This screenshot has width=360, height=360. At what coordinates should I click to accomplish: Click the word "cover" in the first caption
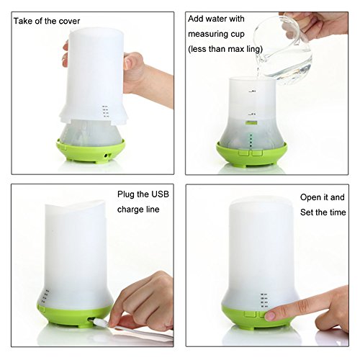point(69,21)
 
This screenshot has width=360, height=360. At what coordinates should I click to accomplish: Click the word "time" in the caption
point(338,212)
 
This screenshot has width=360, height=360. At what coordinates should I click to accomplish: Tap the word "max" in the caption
point(235,50)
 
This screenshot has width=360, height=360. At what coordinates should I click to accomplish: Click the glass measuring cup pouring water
point(283,49)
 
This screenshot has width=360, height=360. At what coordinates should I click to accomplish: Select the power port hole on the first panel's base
point(106,156)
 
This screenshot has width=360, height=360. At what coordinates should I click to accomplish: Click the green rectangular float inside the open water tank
point(251,122)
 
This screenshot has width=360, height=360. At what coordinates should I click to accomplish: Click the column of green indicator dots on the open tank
point(251,141)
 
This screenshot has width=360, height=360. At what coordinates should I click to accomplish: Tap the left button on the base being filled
point(244,153)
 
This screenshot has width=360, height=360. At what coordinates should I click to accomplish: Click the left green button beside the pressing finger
point(250,314)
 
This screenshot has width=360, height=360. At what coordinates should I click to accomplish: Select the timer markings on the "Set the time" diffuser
point(264,300)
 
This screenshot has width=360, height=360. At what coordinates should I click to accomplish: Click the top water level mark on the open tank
point(252,91)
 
